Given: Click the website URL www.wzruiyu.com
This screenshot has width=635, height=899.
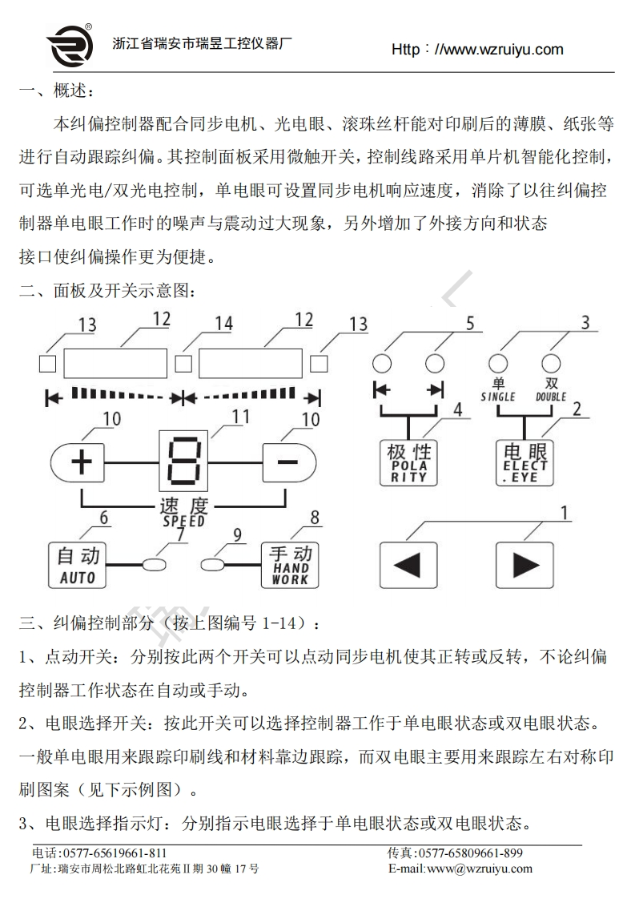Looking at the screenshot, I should [x=477, y=50].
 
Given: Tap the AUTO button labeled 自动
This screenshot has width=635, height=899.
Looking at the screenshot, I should [x=78, y=565].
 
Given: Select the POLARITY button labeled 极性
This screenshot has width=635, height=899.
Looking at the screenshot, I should [x=409, y=462].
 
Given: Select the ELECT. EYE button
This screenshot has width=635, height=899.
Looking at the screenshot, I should [x=524, y=462].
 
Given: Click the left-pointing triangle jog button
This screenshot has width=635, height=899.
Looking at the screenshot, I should [x=408, y=565].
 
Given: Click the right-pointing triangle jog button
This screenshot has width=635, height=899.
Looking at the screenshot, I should [x=524, y=565].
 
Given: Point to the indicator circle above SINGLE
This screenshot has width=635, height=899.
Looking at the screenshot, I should [x=499, y=363].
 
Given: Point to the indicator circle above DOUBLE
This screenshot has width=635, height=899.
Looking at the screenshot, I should [x=551, y=363].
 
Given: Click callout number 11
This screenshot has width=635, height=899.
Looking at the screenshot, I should [x=240, y=417].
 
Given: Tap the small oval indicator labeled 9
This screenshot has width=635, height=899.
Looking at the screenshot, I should [x=213, y=565].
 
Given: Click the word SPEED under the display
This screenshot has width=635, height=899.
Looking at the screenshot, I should [x=183, y=521].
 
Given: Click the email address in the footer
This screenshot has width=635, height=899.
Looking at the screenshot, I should [x=460, y=869].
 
